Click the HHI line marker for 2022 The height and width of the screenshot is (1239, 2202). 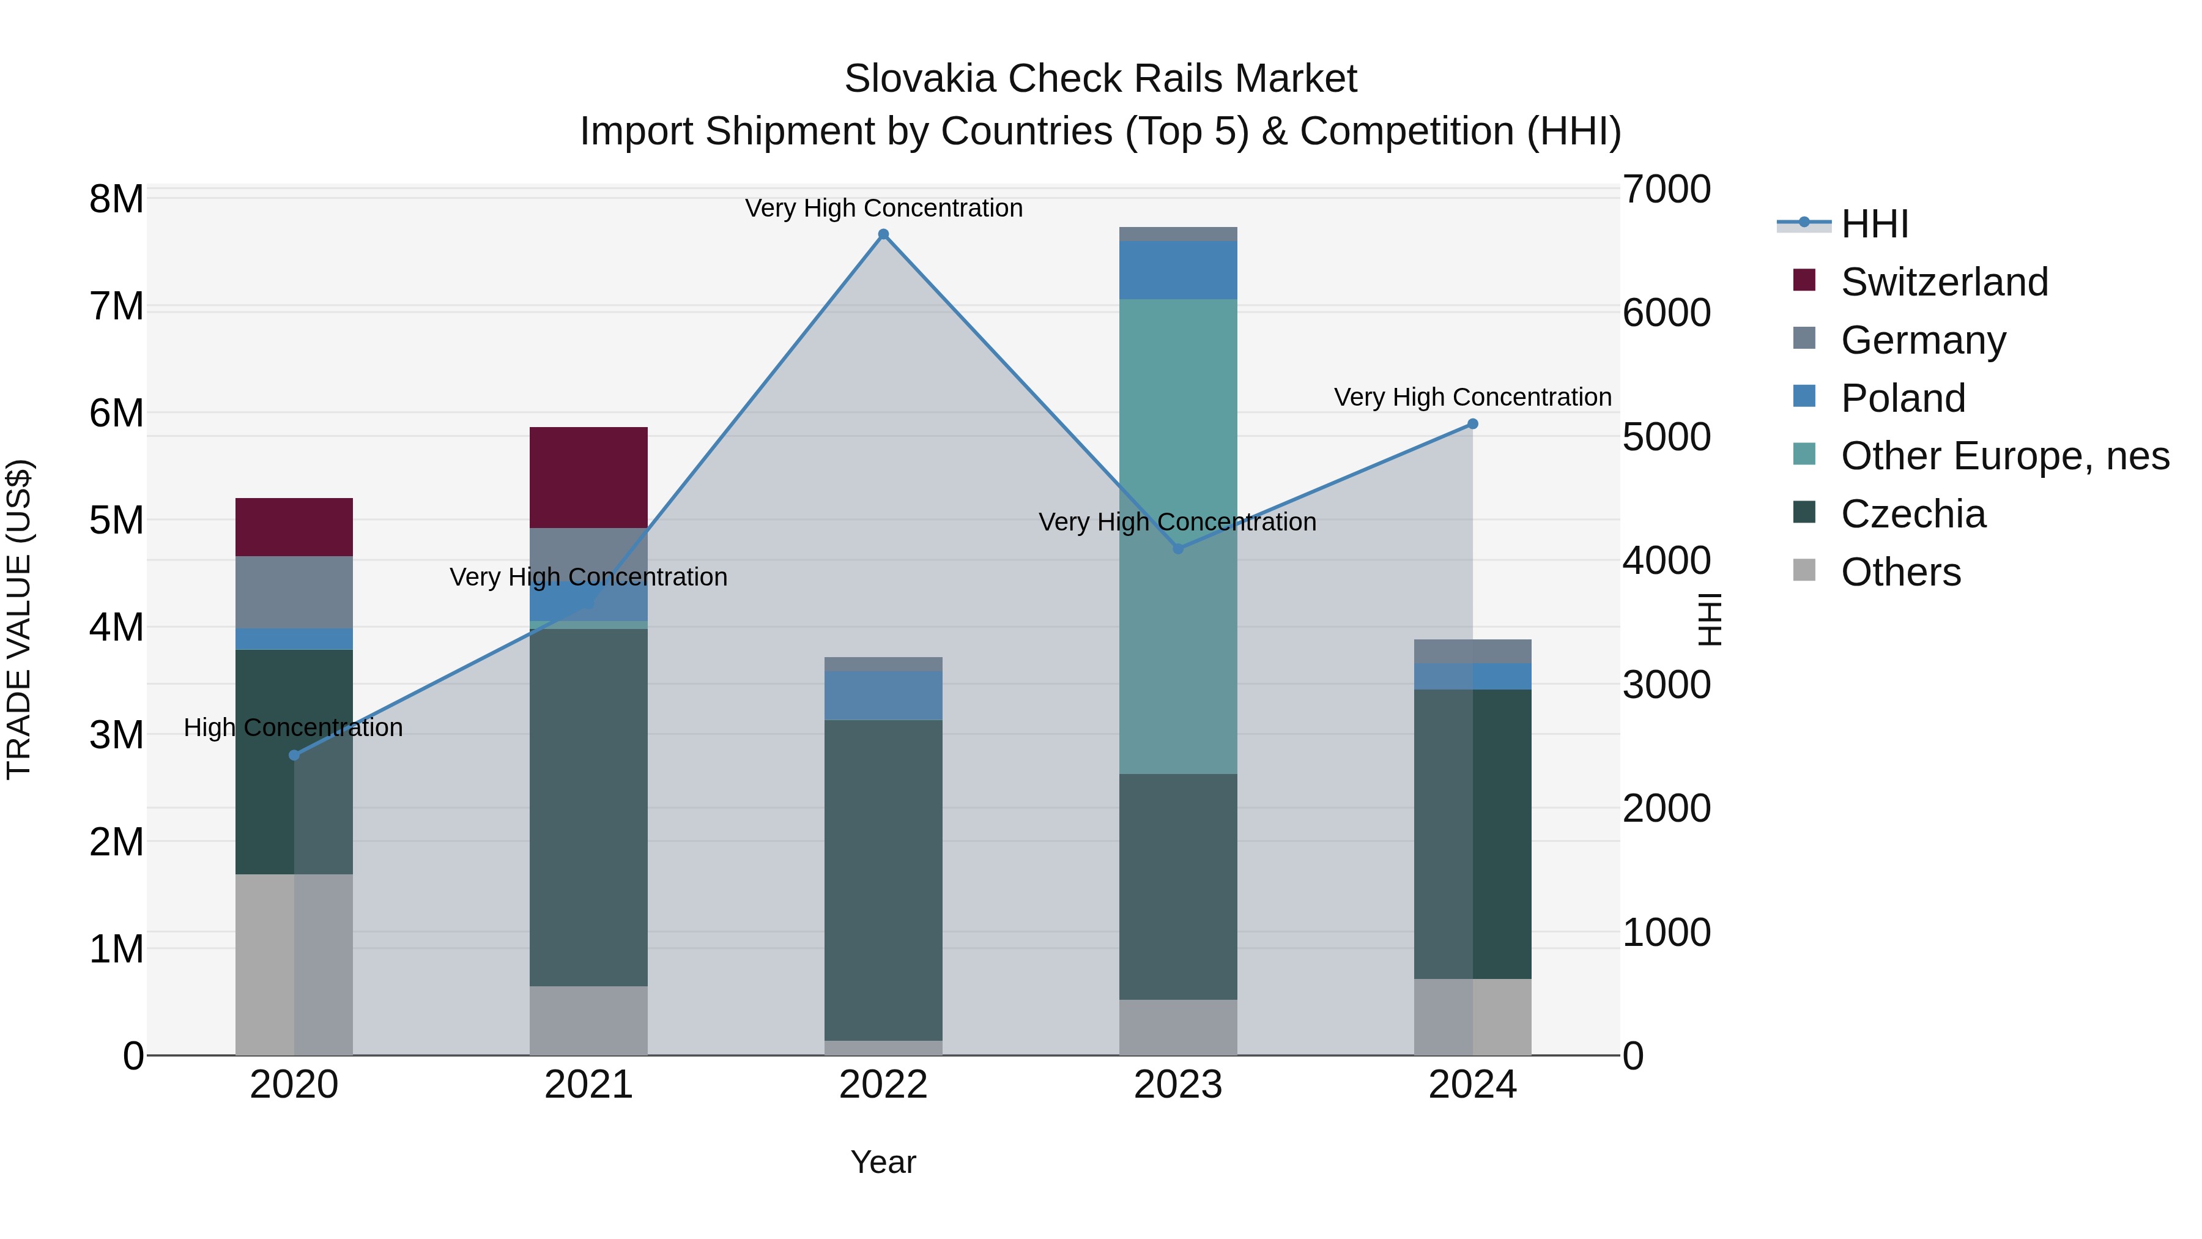883,234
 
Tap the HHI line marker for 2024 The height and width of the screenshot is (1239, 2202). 1472,424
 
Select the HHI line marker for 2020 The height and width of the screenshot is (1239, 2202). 294,755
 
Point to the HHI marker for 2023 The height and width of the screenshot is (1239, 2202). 1178,549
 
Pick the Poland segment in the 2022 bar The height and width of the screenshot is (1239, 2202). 883,695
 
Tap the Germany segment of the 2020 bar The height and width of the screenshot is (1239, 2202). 294,592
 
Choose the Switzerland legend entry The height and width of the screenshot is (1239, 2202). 1944,282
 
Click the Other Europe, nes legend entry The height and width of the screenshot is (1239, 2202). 2004,456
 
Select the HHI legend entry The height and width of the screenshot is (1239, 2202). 1874,224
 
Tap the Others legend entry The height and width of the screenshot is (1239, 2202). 1900,572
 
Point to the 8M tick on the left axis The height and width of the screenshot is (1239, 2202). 116,199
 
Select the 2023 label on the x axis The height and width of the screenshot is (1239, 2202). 1178,1085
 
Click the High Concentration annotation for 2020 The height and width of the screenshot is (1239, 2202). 293,727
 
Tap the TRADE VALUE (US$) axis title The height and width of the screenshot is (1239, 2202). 19,619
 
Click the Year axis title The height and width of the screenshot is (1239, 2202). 883,1162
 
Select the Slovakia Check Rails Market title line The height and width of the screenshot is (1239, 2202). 1100,79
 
